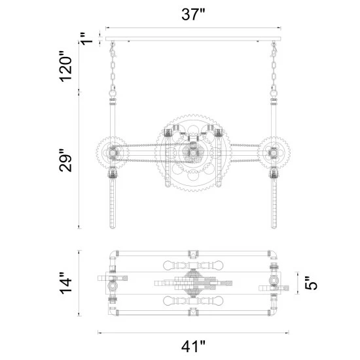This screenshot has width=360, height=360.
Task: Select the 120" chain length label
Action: pos(66,66)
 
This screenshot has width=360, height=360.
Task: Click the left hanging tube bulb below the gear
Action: pos(113,203)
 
